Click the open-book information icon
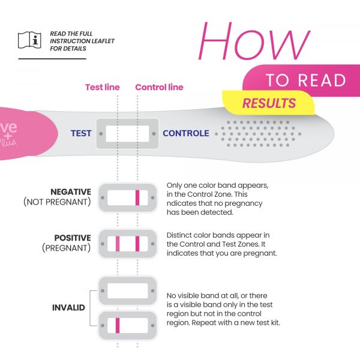pyautogui.click(x=29, y=41)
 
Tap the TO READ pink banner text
pyautogui.click(x=306, y=80)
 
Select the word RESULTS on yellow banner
pyautogui.click(x=269, y=103)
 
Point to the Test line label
pyautogui.click(x=103, y=87)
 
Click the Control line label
pyautogui.click(x=159, y=87)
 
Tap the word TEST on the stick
pyautogui.click(x=81, y=133)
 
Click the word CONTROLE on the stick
pyautogui.click(x=186, y=133)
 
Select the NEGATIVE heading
pyautogui.click(x=71, y=192)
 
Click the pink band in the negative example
pyautogui.click(x=137, y=197)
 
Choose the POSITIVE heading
pyautogui.click(x=72, y=238)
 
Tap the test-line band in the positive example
pyautogui.click(x=118, y=244)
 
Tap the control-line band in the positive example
pyautogui.click(x=137, y=244)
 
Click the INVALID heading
pyautogui.click(x=68, y=308)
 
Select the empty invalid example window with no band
pyautogui.click(x=127, y=290)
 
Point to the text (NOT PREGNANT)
pyautogui.click(x=58, y=202)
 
